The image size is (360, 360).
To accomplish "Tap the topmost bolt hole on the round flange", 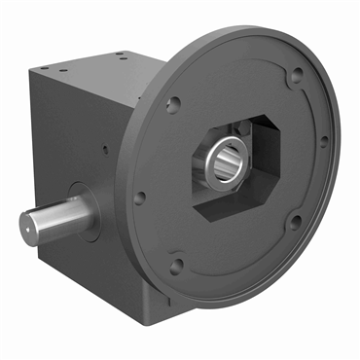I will point(295,71).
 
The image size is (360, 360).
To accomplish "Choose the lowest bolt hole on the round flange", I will point(177,262).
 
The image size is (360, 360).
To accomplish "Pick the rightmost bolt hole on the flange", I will point(324,139).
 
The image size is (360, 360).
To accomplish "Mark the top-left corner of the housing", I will point(31,69).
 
